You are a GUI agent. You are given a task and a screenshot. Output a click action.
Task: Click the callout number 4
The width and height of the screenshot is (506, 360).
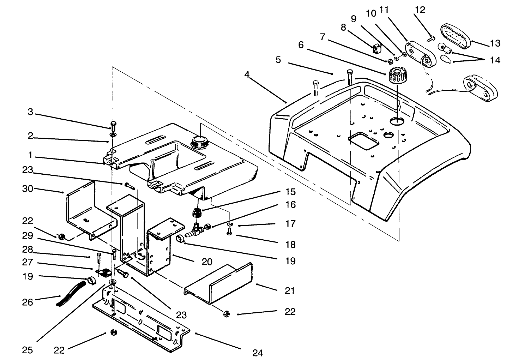pos(247,75)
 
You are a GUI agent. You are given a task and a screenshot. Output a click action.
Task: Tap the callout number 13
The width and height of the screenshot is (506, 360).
pos(495,43)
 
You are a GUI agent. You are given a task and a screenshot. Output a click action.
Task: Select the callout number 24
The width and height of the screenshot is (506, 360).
pos(258,352)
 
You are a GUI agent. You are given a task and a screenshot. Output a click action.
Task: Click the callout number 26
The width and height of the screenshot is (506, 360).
pos(28,302)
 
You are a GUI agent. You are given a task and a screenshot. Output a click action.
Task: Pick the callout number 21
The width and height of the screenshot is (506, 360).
pos(290,291)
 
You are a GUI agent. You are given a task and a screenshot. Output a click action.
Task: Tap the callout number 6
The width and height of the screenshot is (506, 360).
pos(301,45)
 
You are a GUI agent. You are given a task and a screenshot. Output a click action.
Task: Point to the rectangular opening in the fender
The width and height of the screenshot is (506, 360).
pos(363,140)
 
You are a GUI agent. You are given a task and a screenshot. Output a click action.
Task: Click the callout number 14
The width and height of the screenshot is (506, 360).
pos(495,60)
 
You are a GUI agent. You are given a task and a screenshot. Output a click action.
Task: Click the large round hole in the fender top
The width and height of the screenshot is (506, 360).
pos(398,121)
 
